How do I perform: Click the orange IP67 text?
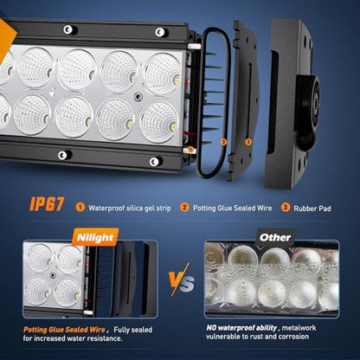point(47,204)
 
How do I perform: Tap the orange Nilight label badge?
point(95,238)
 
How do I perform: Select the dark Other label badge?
point(275,237)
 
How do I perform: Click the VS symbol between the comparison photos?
point(181,280)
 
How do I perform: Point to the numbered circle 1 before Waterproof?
point(80,208)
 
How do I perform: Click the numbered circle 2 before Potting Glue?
point(184,208)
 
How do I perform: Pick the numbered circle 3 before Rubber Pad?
point(286,208)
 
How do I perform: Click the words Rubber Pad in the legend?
point(312,209)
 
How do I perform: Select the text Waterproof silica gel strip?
point(130,208)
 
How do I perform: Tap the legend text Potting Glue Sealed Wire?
point(232,208)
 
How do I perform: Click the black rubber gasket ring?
point(201,104)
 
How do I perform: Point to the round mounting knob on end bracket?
point(309,100)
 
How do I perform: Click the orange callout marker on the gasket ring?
point(223,142)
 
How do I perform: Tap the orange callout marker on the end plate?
point(248,142)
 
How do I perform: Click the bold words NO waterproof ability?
point(241,328)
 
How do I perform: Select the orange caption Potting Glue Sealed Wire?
point(64,330)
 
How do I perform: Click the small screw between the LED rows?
point(138,96)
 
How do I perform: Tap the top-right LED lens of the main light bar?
point(162,74)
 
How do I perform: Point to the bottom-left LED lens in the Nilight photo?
point(37,291)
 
